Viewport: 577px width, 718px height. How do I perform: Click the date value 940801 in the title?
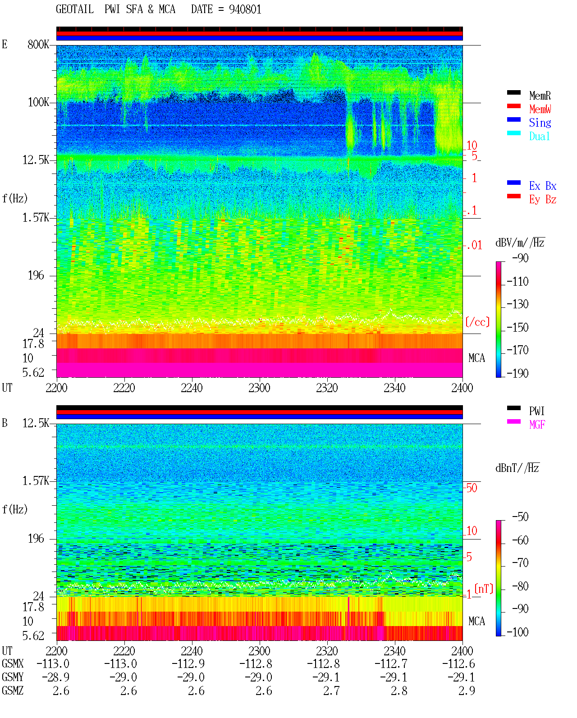pyautogui.click(x=245, y=9)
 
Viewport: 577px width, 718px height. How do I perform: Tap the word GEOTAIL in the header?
pyautogui.click(x=75, y=9)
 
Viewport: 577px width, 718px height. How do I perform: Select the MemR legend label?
pyautogui.click(x=540, y=96)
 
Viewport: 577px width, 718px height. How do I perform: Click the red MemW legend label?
pyautogui.click(x=540, y=109)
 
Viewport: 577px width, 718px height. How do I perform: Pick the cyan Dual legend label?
pyautogui.click(x=539, y=136)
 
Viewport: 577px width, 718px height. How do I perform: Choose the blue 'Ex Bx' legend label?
pyautogui.click(x=543, y=186)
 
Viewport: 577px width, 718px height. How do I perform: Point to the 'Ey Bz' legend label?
pyautogui.click(x=543, y=200)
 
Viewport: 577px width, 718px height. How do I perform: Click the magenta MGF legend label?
pyautogui.click(x=537, y=425)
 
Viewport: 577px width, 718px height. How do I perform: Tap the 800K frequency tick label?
pyautogui.click(x=38, y=44)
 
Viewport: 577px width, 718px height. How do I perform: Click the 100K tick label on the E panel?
pyautogui.click(x=38, y=102)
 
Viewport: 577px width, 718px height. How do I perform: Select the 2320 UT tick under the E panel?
pyautogui.click(x=327, y=388)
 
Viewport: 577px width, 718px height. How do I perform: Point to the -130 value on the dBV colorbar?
pyautogui.click(x=517, y=304)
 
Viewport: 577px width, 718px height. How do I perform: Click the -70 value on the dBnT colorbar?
pyautogui.click(x=520, y=563)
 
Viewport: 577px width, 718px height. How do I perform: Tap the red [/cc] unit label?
pyautogui.click(x=477, y=322)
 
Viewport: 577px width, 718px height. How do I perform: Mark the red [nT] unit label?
pyautogui.click(x=484, y=589)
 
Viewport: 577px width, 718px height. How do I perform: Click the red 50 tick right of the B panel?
pyautogui.click(x=472, y=488)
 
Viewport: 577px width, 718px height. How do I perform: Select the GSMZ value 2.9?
pyautogui.click(x=467, y=691)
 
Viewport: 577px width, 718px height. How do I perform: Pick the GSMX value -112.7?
pyautogui.click(x=391, y=664)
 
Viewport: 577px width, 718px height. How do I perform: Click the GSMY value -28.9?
pyautogui.click(x=55, y=677)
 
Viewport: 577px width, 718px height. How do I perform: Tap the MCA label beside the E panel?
pyautogui.click(x=476, y=358)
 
